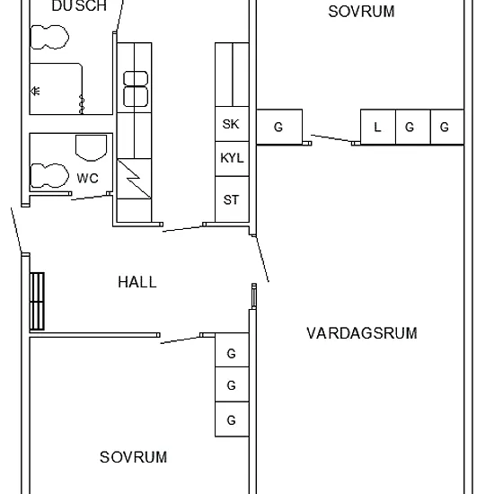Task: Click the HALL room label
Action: coord(137,282)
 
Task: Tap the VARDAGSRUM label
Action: coord(362,333)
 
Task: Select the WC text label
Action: coord(88,179)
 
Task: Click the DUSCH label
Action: coord(79,6)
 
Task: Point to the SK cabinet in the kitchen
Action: coord(232,124)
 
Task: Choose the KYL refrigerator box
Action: coord(232,159)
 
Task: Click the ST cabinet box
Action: coord(232,199)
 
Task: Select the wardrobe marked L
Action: coord(378,127)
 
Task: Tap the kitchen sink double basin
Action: coord(136,89)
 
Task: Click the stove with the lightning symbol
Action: coord(134,179)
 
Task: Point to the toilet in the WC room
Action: coord(49,176)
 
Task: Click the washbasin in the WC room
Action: coord(91,148)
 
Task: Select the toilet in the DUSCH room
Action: coord(49,37)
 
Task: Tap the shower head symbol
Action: coord(35,91)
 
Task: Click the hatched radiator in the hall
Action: coord(37,301)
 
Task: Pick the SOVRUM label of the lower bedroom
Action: coord(133,457)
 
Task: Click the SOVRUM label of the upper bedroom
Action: coord(361,12)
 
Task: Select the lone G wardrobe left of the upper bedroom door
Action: coord(279,127)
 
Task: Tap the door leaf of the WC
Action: coord(91,198)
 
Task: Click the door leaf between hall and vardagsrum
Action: coord(262,259)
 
